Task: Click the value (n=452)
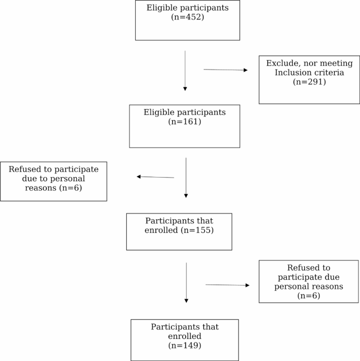pos(187,17)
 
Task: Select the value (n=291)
pos(309,82)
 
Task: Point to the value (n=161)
pos(184,122)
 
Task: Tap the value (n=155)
pos(197,230)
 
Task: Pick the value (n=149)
pos(184,346)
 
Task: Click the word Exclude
pos(282,63)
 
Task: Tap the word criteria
pos(329,72)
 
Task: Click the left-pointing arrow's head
pos(138,177)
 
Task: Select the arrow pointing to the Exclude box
pos(225,70)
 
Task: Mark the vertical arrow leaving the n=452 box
pos(185,71)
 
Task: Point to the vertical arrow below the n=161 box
pos(186,178)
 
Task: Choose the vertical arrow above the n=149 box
pos(186,282)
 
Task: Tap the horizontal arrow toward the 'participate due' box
pos(227,285)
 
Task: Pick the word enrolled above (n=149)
pos(184,336)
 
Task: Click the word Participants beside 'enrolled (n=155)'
pos(169,221)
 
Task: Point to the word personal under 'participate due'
pos(295,287)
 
